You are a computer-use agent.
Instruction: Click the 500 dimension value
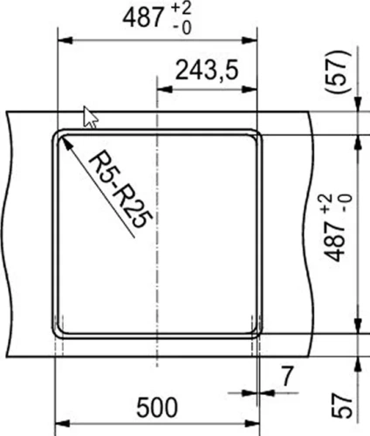point(158,407)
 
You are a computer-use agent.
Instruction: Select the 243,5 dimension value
point(206,71)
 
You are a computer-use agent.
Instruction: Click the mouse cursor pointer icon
point(89,116)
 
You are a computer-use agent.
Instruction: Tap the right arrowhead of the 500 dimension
point(255,426)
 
